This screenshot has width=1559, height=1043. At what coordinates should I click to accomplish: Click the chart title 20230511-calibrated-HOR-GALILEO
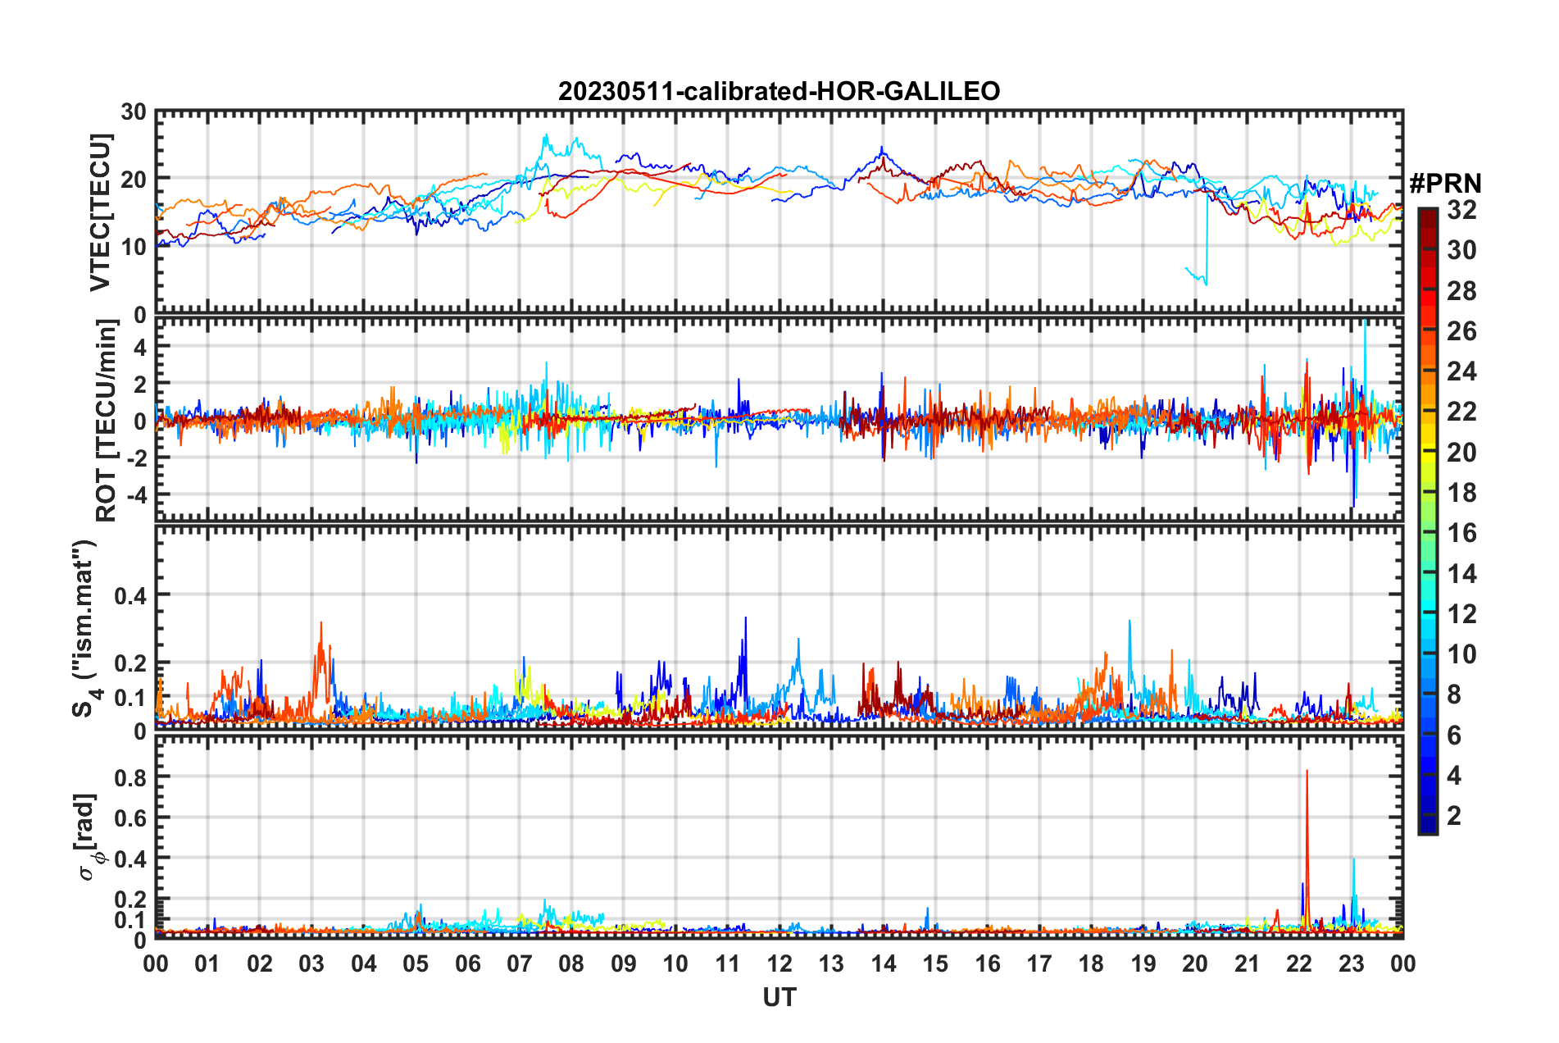click(779, 91)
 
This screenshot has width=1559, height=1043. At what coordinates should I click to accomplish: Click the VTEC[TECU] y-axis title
click(100, 212)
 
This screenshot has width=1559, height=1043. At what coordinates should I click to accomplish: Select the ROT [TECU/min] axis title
click(107, 421)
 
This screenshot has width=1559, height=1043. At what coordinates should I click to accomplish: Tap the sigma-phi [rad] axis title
click(89, 836)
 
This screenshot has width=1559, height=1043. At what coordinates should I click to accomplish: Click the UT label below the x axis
click(779, 997)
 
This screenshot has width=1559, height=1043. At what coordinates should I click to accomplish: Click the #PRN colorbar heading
click(1445, 184)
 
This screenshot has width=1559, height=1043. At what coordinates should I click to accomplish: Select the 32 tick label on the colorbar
click(1461, 210)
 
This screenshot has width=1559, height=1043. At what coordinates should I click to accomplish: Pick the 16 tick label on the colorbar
click(1461, 533)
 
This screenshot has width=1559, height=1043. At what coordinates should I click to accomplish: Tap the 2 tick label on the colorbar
click(1454, 815)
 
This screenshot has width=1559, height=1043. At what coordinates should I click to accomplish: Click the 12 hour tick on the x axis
click(779, 963)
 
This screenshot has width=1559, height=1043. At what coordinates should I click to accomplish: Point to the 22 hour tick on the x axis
click(1299, 963)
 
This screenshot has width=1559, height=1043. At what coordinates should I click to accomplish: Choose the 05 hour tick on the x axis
click(416, 963)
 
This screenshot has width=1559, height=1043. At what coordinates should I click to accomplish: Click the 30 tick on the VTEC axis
click(134, 112)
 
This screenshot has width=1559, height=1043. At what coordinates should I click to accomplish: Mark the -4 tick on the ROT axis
click(135, 494)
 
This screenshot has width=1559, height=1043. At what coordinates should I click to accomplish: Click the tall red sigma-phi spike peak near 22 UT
click(1307, 771)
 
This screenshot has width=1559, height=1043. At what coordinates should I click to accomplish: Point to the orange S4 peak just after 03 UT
click(321, 623)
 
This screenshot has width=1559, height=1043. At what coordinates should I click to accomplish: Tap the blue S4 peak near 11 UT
click(746, 618)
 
